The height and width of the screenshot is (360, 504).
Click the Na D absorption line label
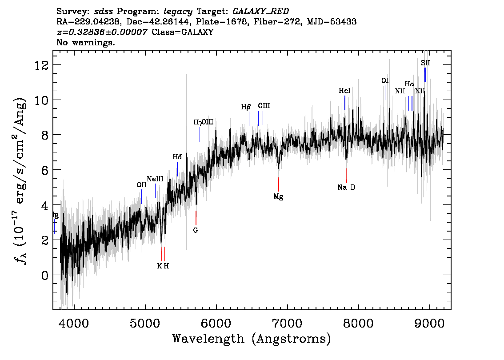[346, 188]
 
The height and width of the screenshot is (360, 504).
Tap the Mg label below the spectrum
[278, 196]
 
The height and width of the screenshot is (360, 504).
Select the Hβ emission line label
[246, 107]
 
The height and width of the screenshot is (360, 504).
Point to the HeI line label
[344, 91]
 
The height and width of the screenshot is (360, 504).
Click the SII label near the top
[425, 63]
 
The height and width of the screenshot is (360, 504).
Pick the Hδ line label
[177, 157]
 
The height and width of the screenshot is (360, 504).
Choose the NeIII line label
[155, 179]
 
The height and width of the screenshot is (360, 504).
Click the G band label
[196, 230]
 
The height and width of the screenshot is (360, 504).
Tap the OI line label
[385, 80]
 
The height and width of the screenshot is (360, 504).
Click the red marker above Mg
[279, 184]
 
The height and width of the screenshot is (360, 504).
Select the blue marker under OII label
[142, 196]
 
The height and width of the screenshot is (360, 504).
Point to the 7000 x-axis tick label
[287, 322]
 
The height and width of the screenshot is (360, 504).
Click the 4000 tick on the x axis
[74, 322]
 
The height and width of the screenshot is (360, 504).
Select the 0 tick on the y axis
[44, 275]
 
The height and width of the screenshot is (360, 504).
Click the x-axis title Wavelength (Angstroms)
[252, 339]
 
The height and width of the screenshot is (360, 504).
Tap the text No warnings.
[86, 43]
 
